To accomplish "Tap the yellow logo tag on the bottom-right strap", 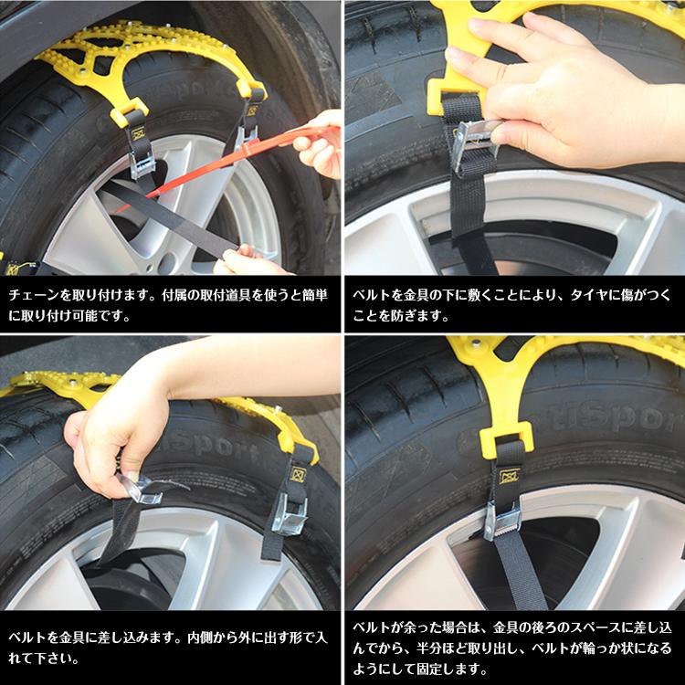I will (x=509, y=476).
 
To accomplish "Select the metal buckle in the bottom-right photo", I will (x=503, y=523).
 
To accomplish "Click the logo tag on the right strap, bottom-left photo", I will (x=298, y=475).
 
